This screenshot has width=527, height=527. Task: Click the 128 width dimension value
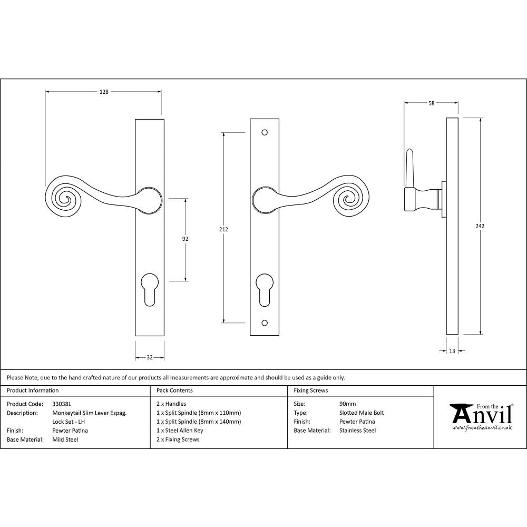pyautogui.click(x=104, y=92)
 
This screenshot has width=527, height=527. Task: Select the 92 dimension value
pyautogui.click(x=185, y=239)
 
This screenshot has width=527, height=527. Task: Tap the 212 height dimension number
pyautogui.click(x=224, y=229)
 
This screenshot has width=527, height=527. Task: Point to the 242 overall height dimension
pyautogui.click(x=480, y=226)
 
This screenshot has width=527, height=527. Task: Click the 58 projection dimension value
pyautogui.click(x=431, y=103)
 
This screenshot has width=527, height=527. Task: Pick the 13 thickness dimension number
pyautogui.click(x=452, y=351)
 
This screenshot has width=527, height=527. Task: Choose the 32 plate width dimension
pyautogui.click(x=149, y=357)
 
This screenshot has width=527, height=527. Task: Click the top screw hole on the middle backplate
pyautogui.click(x=265, y=133)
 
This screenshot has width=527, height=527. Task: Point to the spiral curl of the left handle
pyautogui.click(x=66, y=198)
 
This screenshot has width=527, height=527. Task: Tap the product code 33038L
pyautogui.click(x=62, y=404)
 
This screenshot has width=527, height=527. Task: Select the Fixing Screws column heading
pyautogui.click(x=310, y=391)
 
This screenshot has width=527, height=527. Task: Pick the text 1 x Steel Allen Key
pyautogui.click(x=180, y=431)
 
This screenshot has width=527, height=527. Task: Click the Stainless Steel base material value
pyautogui.click(x=358, y=431)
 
